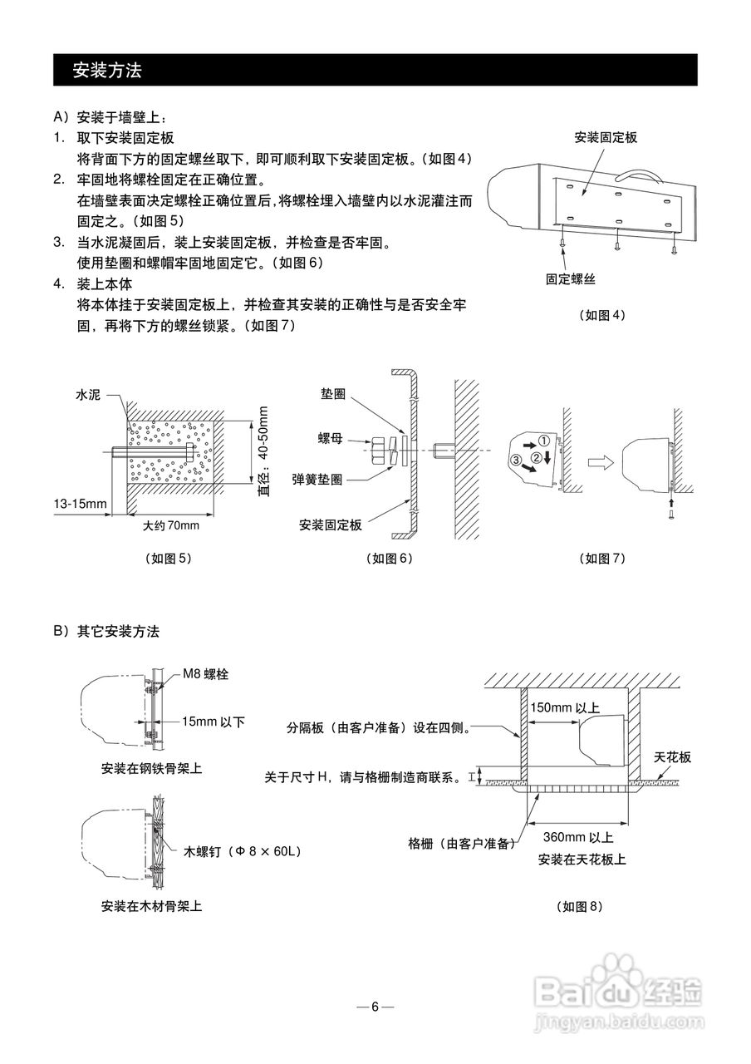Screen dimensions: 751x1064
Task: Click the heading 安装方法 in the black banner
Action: [x=107, y=71]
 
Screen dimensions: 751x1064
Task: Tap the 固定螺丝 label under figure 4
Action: [x=570, y=278]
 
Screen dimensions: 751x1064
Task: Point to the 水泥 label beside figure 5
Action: [x=88, y=395]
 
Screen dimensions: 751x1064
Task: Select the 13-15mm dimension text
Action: [x=81, y=504]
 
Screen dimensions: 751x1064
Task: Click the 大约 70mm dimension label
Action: [x=171, y=525]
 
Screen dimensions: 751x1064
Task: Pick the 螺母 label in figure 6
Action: [x=331, y=438]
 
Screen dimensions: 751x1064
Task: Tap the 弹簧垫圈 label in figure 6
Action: [x=317, y=480]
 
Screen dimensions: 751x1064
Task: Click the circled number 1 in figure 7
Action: [x=544, y=441]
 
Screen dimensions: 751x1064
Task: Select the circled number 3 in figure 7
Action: [x=516, y=460]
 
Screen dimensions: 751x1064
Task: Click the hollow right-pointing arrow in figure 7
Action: [x=601, y=462]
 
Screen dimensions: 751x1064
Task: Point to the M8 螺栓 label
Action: [x=206, y=674]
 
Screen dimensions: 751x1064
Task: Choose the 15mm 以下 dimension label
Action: [x=214, y=722]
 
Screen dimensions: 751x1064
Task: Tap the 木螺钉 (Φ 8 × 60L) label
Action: [x=243, y=851]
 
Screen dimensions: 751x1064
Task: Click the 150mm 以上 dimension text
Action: [x=565, y=707]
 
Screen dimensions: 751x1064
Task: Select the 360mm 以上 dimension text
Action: [x=578, y=837]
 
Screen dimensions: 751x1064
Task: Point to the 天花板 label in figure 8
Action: [x=672, y=756]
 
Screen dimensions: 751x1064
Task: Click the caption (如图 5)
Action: [x=169, y=559]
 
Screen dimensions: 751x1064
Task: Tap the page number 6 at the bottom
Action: [x=375, y=1007]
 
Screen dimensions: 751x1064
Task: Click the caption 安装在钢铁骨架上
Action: [x=151, y=769]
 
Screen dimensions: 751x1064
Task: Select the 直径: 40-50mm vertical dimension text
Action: [x=263, y=451]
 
